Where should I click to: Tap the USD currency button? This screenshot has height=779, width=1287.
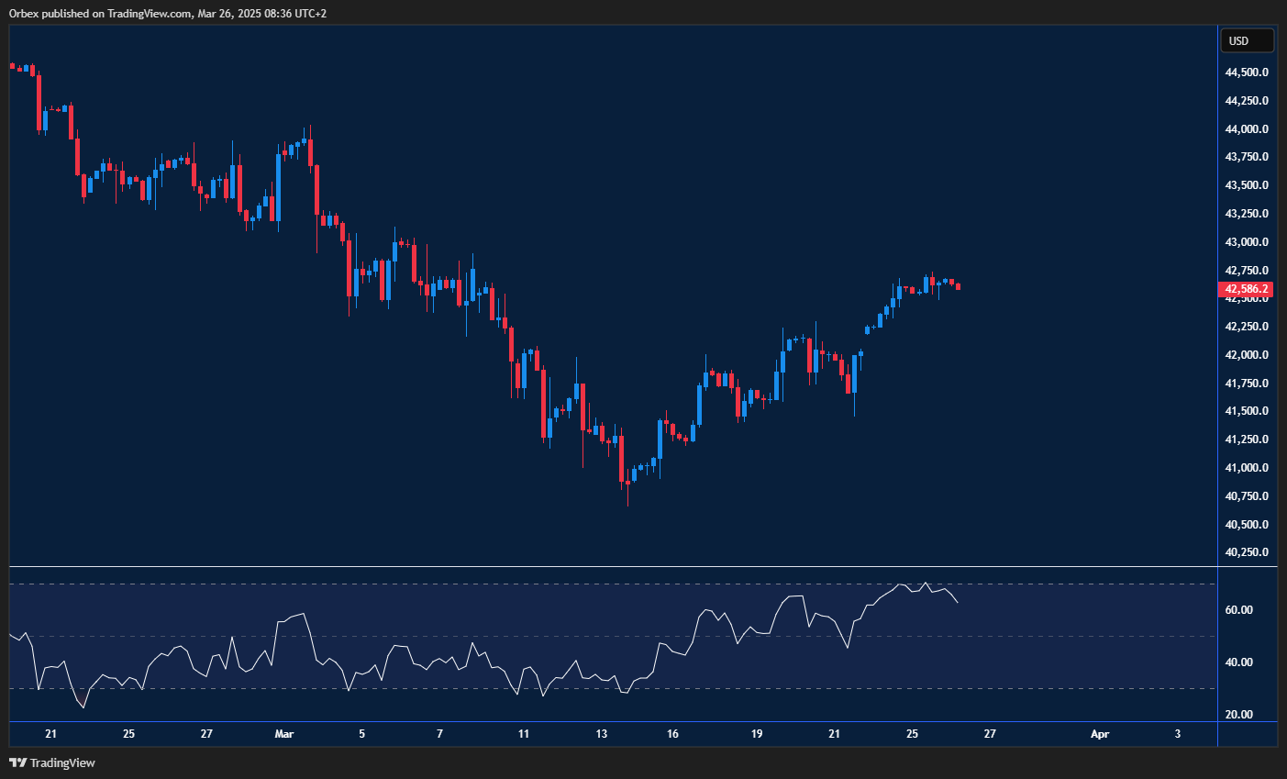click(1246, 40)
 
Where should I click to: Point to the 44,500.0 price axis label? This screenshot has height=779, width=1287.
click(1246, 72)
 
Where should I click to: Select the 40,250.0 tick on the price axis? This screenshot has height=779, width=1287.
click(1246, 552)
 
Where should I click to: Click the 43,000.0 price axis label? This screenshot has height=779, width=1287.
click(1246, 242)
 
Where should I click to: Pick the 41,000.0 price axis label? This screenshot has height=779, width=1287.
click(1246, 468)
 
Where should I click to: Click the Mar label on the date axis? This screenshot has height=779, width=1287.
click(284, 734)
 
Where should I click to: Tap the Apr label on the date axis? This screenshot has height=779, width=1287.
click(1100, 734)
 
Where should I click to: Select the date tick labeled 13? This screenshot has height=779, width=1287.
click(602, 734)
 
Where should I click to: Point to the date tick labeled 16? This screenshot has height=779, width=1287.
click(673, 734)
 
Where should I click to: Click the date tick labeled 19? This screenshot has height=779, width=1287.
click(757, 734)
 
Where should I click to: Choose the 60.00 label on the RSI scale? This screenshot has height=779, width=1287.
click(1239, 610)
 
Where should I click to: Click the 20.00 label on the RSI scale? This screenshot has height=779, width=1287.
click(1239, 715)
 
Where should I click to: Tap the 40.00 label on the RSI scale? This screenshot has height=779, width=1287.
click(1239, 662)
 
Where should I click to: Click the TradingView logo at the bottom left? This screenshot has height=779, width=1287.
click(52, 762)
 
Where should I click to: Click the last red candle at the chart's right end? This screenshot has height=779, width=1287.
click(958, 286)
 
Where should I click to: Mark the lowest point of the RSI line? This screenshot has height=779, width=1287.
click(83, 707)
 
